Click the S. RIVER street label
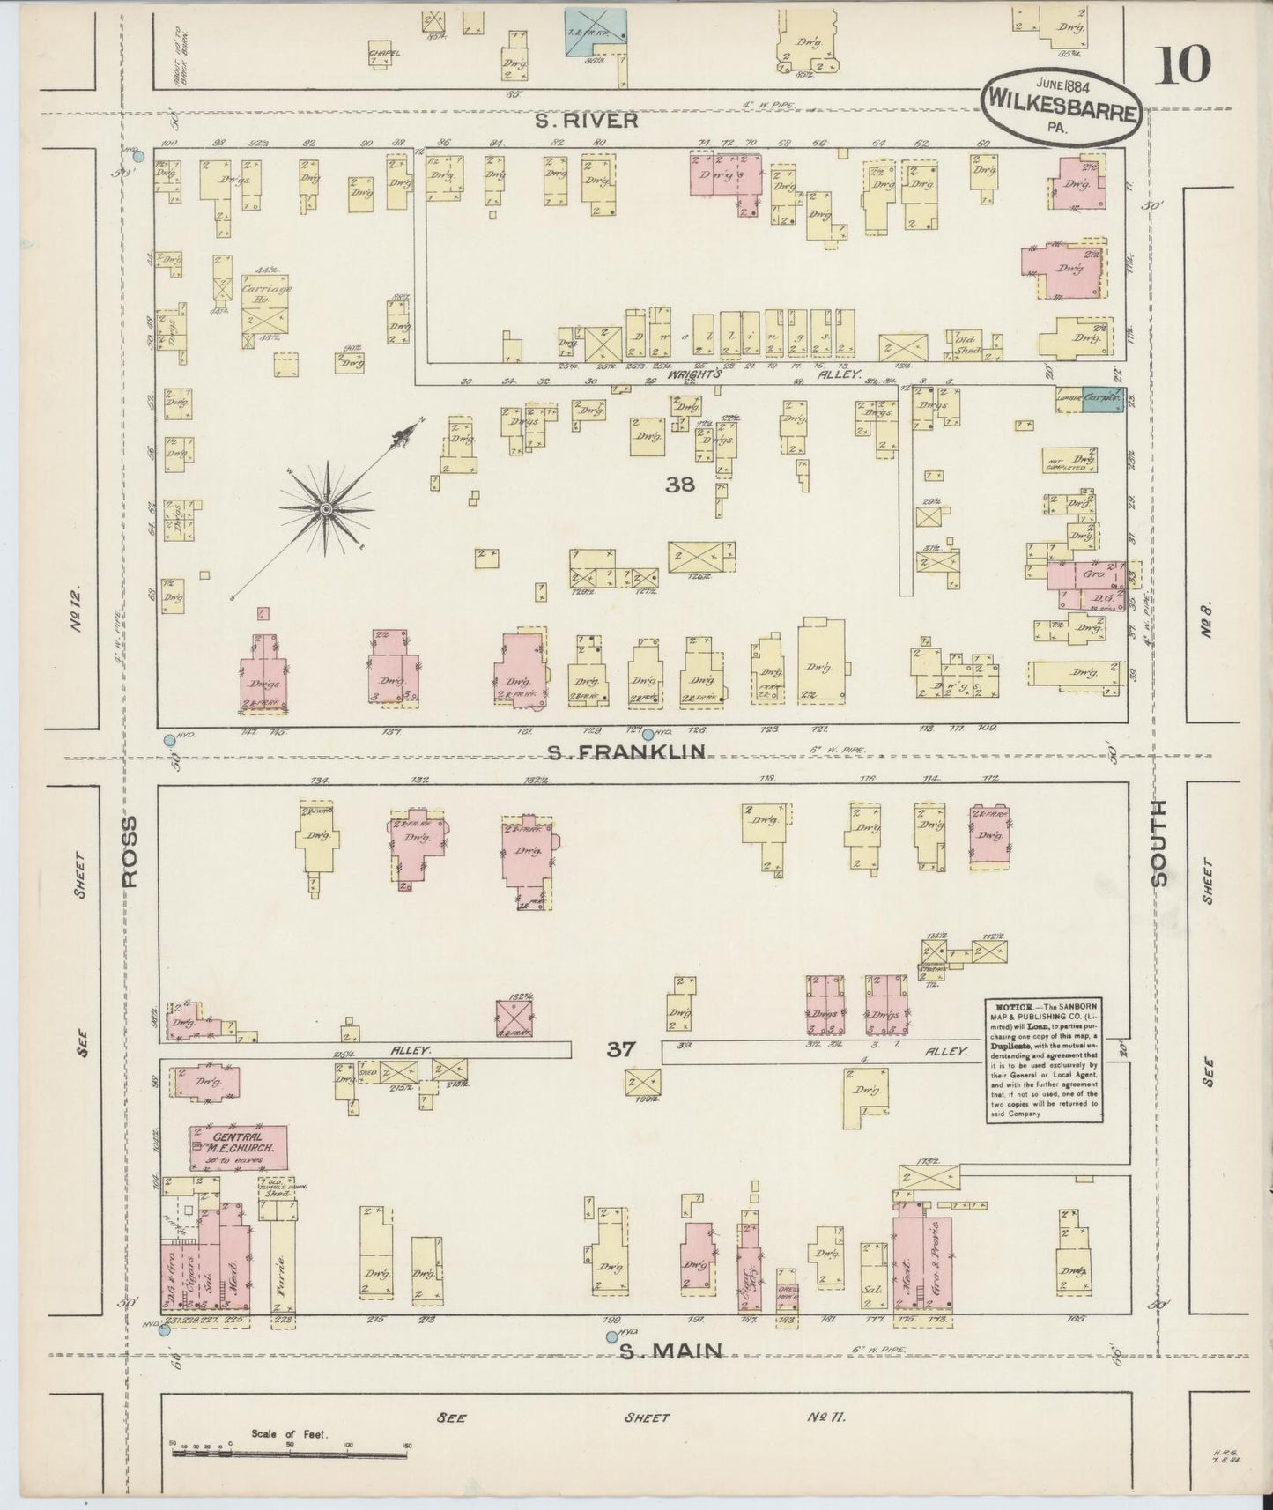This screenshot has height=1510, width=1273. coord(588,121)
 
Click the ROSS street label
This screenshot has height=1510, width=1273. coord(130,851)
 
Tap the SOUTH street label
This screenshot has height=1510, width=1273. coord(1158,843)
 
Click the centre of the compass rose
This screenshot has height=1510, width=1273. coord(327,509)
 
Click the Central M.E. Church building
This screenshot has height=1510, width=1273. coord(237,1148)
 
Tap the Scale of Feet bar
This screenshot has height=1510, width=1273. coord(291,1451)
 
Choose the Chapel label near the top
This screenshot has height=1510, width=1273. coord(384,53)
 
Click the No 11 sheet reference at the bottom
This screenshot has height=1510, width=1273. coord(825,1417)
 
